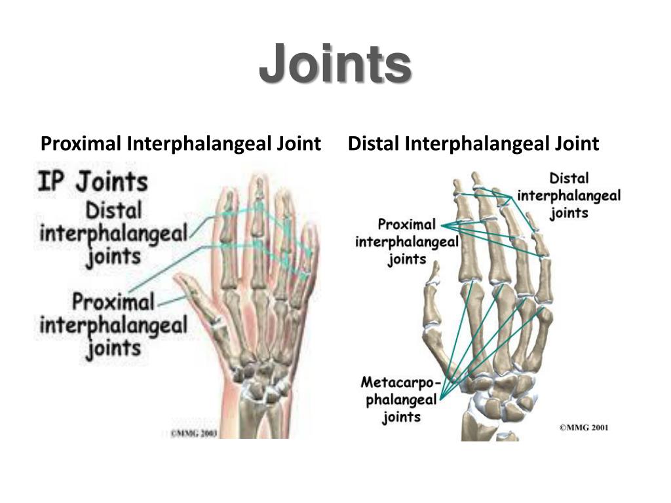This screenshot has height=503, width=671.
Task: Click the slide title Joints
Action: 335,64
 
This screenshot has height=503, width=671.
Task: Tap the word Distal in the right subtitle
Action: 374,143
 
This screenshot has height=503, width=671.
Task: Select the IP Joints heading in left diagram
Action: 92,181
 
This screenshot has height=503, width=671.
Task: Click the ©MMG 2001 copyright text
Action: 584,428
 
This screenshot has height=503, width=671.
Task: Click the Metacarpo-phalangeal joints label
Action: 400,398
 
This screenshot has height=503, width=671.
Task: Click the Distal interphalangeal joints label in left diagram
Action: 113,233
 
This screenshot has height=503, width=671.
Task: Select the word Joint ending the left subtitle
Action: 301,143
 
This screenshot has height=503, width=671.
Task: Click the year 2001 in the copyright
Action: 598,428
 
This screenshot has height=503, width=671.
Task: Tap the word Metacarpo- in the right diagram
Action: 401,382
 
